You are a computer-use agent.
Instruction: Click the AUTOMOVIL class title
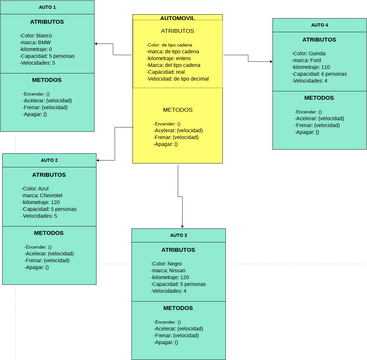[x=178, y=19]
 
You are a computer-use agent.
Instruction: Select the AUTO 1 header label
[x=47, y=7]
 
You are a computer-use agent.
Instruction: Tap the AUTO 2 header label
[x=49, y=160]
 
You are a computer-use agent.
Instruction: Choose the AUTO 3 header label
[x=178, y=234]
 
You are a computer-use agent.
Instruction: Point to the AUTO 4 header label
[x=319, y=24]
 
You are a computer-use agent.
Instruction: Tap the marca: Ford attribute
[x=308, y=60]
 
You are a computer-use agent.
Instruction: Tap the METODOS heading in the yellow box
[x=178, y=109]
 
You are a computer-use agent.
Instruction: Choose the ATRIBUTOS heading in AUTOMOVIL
[x=178, y=31]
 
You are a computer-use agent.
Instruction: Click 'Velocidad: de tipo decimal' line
[x=178, y=78]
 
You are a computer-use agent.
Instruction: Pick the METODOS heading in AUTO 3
[x=178, y=308]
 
